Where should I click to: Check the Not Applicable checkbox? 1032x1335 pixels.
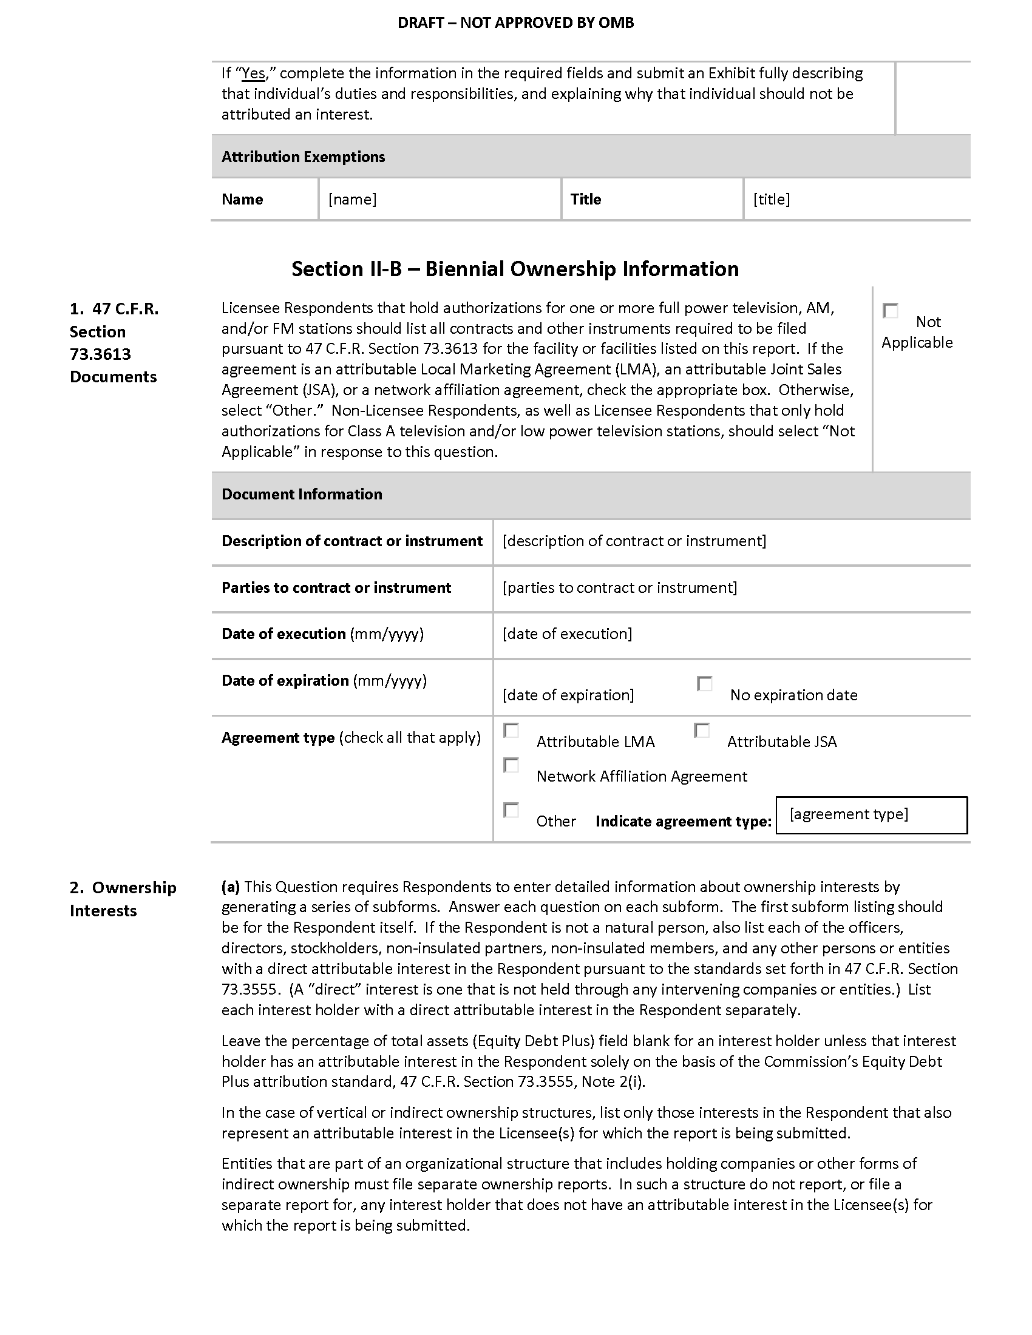(x=890, y=311)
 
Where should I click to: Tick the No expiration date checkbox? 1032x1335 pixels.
(x=704, y=683)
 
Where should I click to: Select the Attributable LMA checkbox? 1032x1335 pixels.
(x=511, y=731)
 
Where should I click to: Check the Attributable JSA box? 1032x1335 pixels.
(x=701, y=731)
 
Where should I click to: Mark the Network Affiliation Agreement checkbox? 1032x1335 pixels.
(x=511, y=765)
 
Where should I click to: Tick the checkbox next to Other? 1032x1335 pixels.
(x=511, y=810)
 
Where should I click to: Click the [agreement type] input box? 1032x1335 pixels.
(x=871, y=815)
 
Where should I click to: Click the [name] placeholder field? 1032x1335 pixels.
(x=352, y=199)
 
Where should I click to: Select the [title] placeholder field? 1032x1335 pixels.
(x=772, y=199)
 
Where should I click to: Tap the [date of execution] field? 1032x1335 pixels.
(x=568, y=634)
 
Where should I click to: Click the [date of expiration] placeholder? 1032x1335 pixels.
(x=568, y=695)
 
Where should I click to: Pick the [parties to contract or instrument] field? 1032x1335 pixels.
(x=619, y=587)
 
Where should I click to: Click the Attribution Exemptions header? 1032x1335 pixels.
(x=304, y=157)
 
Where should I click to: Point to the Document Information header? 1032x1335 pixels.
(x=302, y=495)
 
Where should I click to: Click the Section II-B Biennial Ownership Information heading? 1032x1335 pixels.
(x=515, y=269)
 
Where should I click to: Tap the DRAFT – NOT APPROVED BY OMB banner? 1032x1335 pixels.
(x=515, y=23)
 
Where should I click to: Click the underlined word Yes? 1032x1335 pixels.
(x=254, y=74)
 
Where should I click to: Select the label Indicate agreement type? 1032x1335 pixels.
(x=683, y=822)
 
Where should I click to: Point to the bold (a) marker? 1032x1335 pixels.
(x=231, y=887)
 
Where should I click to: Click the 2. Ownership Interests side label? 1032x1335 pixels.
(x=123, y=899)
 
